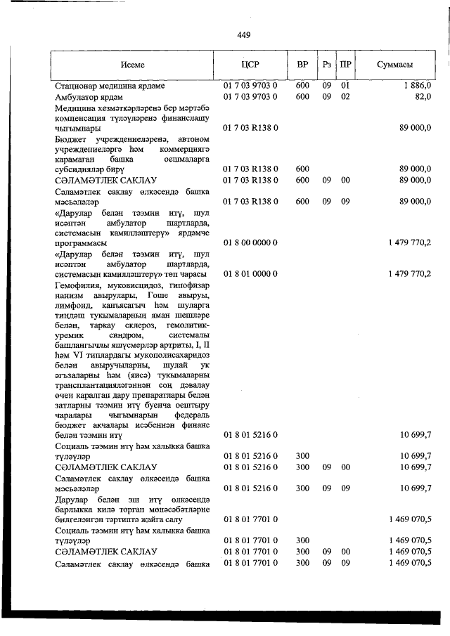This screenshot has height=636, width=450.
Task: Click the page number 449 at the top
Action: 244,35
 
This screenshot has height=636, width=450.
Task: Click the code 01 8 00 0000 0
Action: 250,242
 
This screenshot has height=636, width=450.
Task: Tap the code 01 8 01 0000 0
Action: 250,273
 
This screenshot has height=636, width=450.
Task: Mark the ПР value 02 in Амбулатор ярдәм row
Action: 345,97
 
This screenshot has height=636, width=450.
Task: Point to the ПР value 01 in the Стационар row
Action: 345,86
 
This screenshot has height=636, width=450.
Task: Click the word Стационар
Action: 75,86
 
